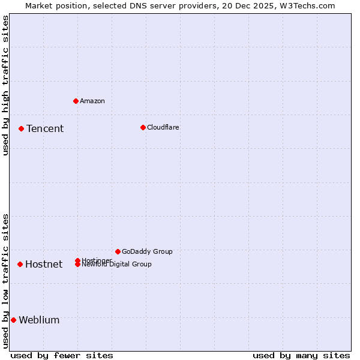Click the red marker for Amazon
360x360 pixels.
[76, 101]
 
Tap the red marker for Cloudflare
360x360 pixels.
[143, 127]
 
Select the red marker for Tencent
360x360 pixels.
[21, 128]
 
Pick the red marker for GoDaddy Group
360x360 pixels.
[118, 251]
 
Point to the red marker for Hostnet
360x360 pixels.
[20, 264]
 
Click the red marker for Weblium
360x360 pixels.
[13, 320]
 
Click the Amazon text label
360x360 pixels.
[92, 101]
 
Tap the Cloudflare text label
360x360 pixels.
[163, 127]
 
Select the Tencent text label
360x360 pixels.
[45, 128]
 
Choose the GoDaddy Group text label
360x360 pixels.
[147, 251]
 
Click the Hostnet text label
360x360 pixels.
[44, 264]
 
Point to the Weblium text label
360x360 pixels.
[39, 320]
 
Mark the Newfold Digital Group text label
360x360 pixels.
[117, 265]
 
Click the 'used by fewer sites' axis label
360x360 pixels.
[62, 355]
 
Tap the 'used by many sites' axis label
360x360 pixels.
[301, 355]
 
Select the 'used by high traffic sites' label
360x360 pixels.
[5, 85]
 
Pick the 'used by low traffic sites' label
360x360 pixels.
[5, 281]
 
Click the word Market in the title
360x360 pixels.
[40, 5]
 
